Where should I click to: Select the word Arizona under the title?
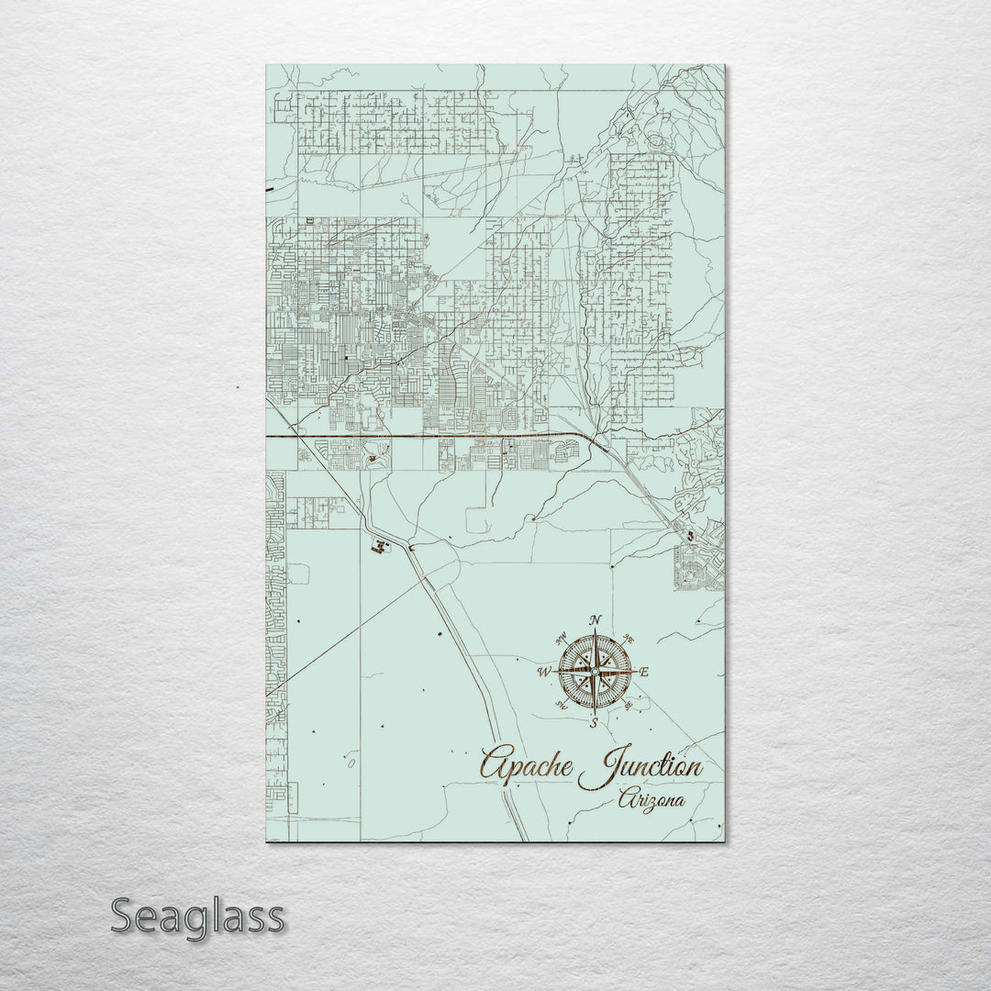click(x=651, y=800)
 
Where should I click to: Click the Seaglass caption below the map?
click(x=197, y=916)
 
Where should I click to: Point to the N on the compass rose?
click(x=595, y=620)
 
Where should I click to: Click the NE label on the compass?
click(x=629, y=639)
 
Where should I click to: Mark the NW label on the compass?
click(x=561, y=639)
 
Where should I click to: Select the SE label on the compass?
click(x=629, y=706)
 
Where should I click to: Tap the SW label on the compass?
click(x=561, y=706)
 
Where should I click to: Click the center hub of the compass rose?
click(x=595, y=673)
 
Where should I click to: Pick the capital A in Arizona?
click(x=626, y=799)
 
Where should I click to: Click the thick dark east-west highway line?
click(x=413, y=437)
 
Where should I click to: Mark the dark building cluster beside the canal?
click(x=378, y=547)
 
